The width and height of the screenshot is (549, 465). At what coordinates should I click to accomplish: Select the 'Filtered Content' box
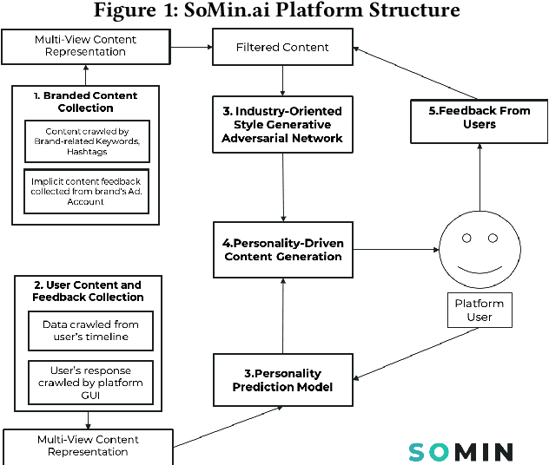(282, 47)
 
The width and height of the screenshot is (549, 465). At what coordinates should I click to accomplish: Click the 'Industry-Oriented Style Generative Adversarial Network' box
(283, 125)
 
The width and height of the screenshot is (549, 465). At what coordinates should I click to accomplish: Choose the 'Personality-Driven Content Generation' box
(283, 249)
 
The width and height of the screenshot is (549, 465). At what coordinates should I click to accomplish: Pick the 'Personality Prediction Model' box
(283, 380)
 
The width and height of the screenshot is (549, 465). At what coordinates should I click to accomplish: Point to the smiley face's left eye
(466, 237)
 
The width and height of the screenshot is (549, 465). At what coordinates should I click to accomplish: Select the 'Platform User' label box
(480, 310)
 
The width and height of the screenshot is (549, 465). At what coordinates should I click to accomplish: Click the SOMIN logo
(460, 451)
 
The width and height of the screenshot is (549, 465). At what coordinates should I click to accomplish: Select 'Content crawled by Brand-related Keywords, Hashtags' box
(85, 143)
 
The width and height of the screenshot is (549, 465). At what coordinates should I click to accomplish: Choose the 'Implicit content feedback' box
(85, 192)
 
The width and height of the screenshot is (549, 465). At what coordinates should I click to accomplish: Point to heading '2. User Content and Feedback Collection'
(88, 291)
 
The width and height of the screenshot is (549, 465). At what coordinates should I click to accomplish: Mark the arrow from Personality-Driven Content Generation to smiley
(395, 250)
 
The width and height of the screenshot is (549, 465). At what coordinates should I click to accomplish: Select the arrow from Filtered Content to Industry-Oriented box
(283, 79)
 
